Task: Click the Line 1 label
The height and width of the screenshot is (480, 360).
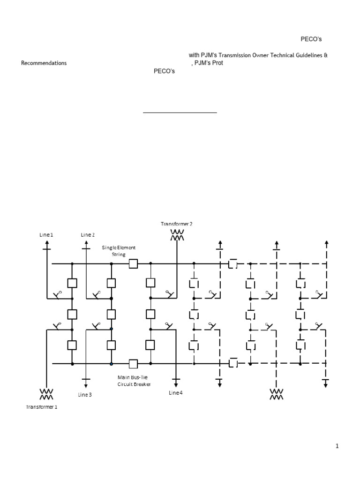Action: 46,234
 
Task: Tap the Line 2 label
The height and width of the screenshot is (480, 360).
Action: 87,234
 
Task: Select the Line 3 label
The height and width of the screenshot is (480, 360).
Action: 85,395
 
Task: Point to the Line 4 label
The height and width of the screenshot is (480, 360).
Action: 175,392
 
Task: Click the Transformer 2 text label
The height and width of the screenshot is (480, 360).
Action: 177,224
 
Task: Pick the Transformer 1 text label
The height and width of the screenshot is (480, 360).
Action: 42,407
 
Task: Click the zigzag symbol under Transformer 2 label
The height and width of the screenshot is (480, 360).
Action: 177,234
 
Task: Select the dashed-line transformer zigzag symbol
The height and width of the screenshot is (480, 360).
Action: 277,394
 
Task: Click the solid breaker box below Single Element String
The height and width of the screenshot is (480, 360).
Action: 133,264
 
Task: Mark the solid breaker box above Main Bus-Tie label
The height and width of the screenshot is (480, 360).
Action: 133,363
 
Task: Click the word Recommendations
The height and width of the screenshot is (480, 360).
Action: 44,63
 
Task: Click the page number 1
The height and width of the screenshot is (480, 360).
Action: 337,446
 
